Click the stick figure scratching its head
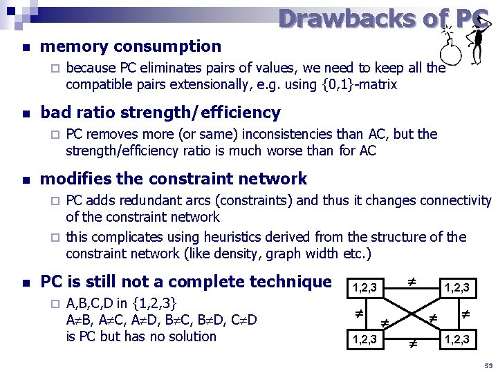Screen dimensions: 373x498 [x=477, y=41]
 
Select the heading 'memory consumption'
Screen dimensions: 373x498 [x=131, y=46]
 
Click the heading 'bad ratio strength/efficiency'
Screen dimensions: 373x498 [x=160, y=112]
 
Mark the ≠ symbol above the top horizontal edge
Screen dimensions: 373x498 [x=411, y=282]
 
